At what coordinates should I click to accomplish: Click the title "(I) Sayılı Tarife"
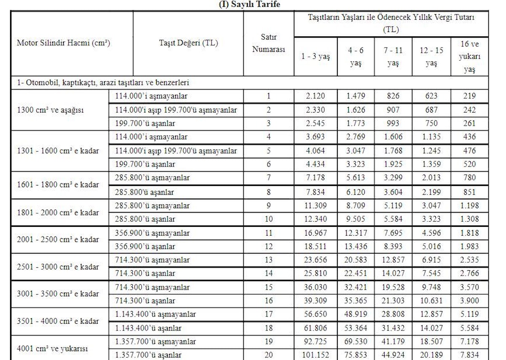[249, 5]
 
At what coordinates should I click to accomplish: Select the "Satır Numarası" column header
[269, 43]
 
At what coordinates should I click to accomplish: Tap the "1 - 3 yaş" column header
[315, 57]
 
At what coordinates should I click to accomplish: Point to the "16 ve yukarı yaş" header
[470, 56]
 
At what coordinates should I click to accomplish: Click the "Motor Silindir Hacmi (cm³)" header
[64, 43]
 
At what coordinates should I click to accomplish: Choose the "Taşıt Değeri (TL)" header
[188, 43]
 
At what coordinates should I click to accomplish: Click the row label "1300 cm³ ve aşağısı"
[50, 110]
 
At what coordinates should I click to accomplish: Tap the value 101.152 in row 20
[315, 355]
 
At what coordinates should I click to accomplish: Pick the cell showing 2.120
[315, 96]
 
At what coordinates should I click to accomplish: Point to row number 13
[269, 260]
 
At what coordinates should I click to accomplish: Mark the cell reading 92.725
[315, 341]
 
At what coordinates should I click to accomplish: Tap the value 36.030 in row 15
[315, 287]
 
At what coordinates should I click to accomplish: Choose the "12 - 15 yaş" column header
[431, 57]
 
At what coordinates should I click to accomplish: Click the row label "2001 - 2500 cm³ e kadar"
[58, 239]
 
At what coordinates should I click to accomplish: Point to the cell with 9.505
[355, 219]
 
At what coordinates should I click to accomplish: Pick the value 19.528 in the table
[393, 287]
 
